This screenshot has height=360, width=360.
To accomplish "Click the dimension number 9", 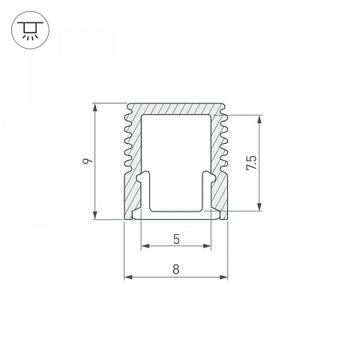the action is [x=88, y=161].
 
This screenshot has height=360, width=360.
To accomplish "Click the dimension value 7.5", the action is [x=251, y=163].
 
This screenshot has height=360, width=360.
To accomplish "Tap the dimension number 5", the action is [x=176, y=239].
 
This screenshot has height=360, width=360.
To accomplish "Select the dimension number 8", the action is [x=176, y=269].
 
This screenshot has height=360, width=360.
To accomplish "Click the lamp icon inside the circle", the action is [x=30, y=30].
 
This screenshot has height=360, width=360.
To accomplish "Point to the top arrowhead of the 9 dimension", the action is [x=95, y=108].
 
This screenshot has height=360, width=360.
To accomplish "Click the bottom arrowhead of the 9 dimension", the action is [x=95, y=214].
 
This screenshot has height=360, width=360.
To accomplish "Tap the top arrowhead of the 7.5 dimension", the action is [x=259, y=120].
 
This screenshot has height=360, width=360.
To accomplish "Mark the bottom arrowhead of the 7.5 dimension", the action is [x=259, y=206].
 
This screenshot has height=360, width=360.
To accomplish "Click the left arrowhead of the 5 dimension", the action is [x=145, y=246].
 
